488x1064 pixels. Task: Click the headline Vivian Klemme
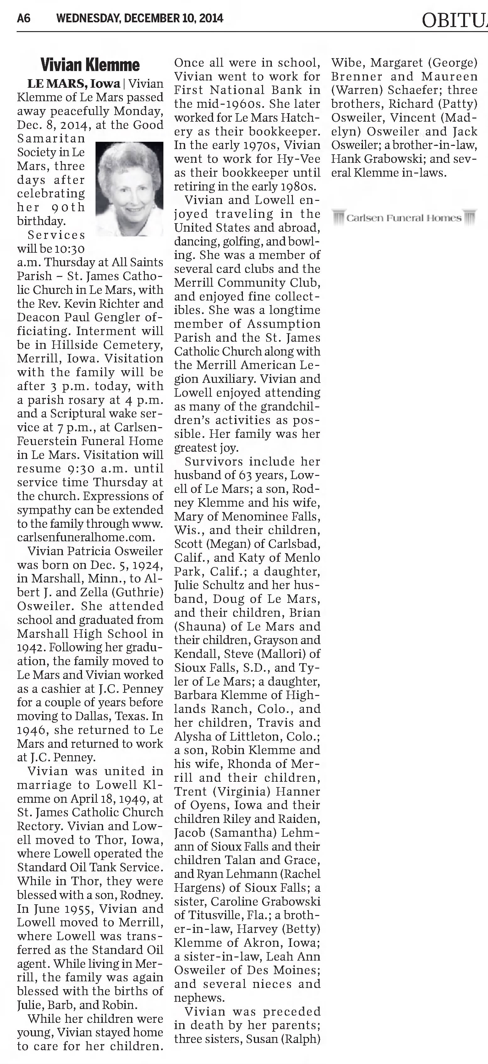90,65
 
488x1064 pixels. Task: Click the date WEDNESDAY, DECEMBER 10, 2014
140,19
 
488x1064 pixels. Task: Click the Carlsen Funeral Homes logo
404,218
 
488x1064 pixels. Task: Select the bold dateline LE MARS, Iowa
74,84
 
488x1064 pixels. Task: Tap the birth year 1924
147,565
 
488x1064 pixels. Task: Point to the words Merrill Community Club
247,283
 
